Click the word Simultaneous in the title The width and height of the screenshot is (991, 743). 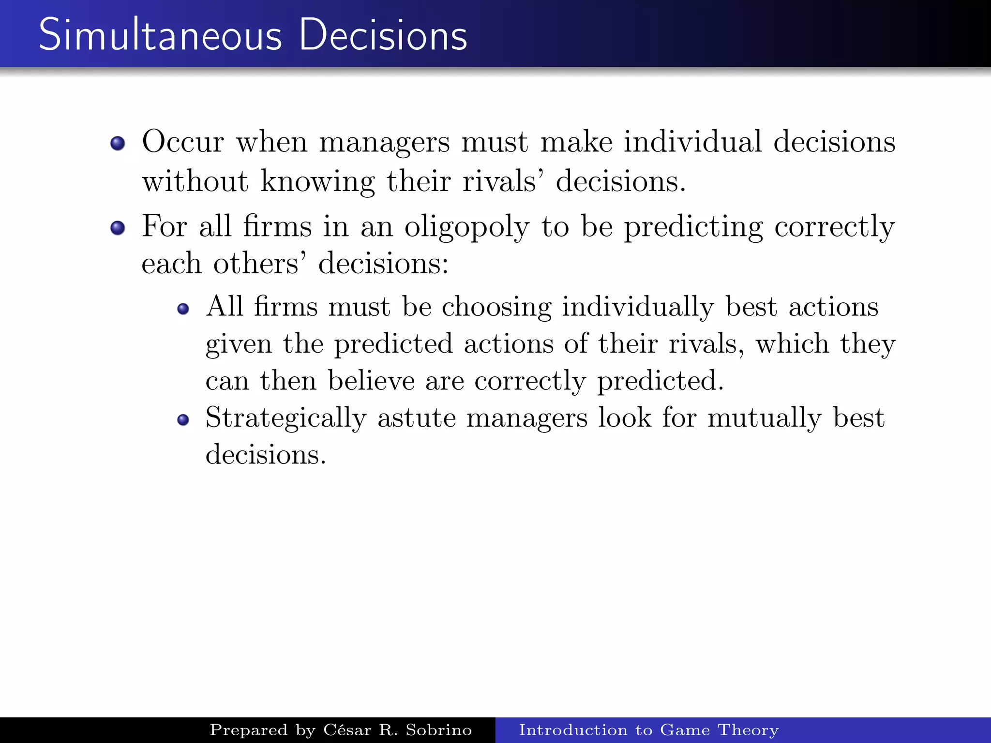[x=160, y=35]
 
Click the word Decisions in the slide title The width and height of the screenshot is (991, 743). [x=383, y=35]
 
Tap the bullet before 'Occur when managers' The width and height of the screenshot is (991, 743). [x=118, y=143]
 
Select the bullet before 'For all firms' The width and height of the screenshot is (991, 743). [x=118, y=227]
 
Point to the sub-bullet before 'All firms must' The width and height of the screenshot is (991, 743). [x=183, y=309]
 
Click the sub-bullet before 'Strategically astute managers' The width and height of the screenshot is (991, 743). [x=183, y=419]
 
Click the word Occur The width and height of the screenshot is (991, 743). [x=183, y=142]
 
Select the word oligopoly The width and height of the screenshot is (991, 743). [x=466, y=227]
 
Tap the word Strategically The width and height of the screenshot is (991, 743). [x=286, y=418]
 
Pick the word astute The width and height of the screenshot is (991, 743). [x=416, y=418]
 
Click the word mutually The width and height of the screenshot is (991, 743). [x=764, y=418]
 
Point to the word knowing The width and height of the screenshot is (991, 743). [x=317, y=182]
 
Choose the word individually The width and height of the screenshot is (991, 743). [x=637, y=308]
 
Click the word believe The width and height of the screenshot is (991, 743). [x=371, y=381]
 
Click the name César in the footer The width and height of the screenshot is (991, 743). [x=348, y=730]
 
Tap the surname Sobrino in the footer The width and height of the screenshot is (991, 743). [x=438, y=730]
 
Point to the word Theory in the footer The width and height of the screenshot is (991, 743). [x=748, y=730]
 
